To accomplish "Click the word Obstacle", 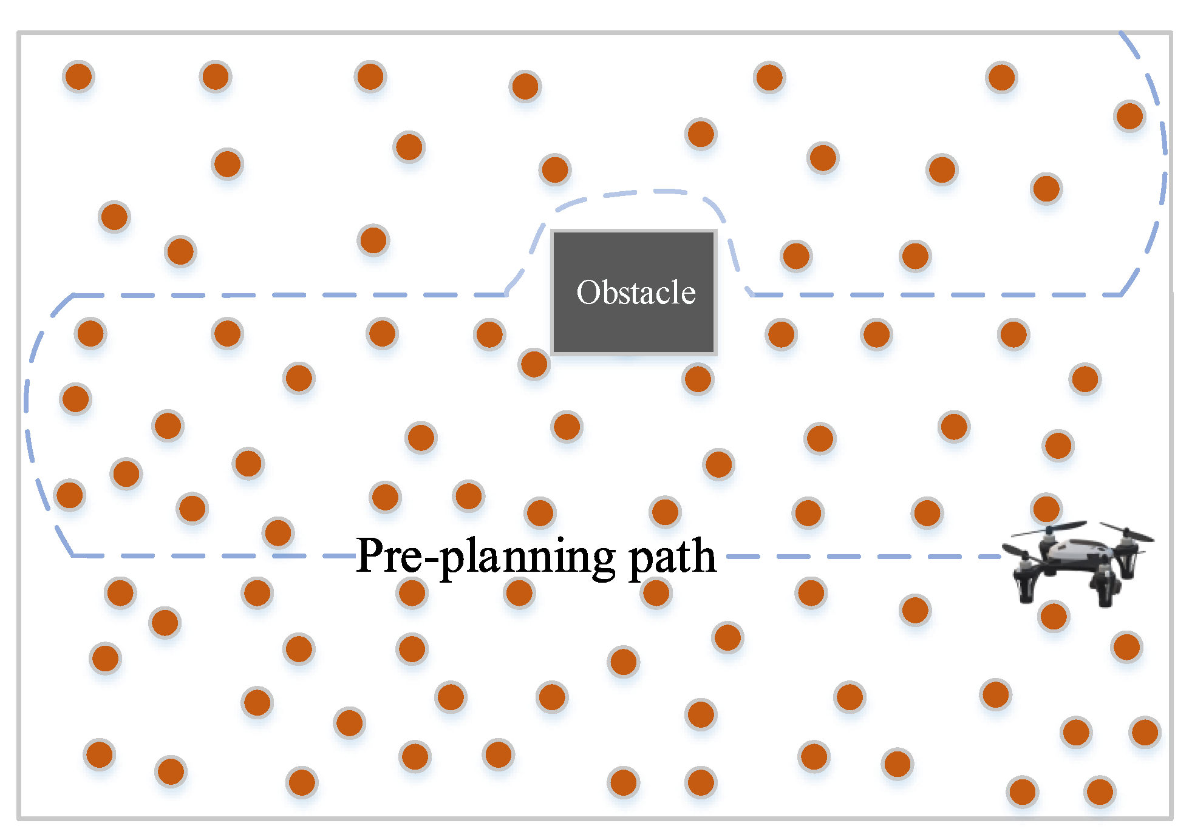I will click(635, 293).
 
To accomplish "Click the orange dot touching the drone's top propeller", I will click(1046, 509).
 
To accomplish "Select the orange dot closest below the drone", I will click(1054, 617).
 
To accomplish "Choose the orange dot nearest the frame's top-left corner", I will click(78, 76).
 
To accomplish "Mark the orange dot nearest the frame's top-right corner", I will click(1129, 116).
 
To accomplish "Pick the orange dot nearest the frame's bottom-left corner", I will click(100, 754).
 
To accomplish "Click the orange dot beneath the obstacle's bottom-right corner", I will click(698, 379).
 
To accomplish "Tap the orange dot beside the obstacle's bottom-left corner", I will click(534, 364).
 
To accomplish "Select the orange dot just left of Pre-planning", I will click(278, 533).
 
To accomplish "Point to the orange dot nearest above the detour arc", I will click(554, 169).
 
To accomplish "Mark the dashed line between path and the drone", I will click(862, 556).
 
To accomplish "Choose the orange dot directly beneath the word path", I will click(656, 592).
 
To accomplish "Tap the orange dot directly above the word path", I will click(665, 512).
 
